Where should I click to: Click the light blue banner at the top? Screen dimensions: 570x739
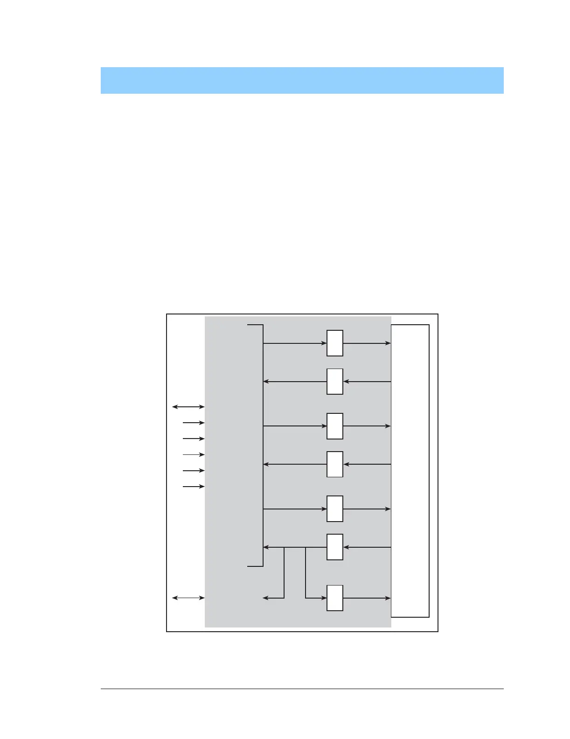coord(302,80)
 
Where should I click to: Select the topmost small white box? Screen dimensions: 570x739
coord(335,343)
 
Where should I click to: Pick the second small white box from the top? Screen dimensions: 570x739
coord(335,382)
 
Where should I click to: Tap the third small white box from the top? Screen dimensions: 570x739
coord(335,426)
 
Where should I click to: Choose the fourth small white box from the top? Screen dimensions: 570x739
coord(335,464)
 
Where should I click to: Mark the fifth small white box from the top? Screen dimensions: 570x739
coord(335,509)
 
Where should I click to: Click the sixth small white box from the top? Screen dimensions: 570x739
coord(335,547)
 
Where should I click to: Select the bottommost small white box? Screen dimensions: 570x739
coord(335,598)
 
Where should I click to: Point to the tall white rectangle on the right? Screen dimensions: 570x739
coord(410,471)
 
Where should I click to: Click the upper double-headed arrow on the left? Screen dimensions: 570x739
coord(188,407)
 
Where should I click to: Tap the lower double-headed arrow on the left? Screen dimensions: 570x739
coord(188,598)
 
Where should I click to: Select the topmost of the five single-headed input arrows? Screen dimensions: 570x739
coord(194,423)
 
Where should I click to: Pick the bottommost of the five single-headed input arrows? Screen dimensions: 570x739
coord(194,487)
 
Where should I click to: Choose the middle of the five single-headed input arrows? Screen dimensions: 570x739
coord(194,454)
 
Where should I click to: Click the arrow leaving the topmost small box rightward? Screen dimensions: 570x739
coord(367,343)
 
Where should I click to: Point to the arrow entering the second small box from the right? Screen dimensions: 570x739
coord(367,382)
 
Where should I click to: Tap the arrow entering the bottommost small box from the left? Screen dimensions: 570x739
coord(316,598)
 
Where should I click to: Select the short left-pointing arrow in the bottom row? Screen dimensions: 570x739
coord(273,598)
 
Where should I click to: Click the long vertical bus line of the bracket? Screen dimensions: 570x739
coord(263,446)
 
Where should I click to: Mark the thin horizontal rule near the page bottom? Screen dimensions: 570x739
coord(302,689)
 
